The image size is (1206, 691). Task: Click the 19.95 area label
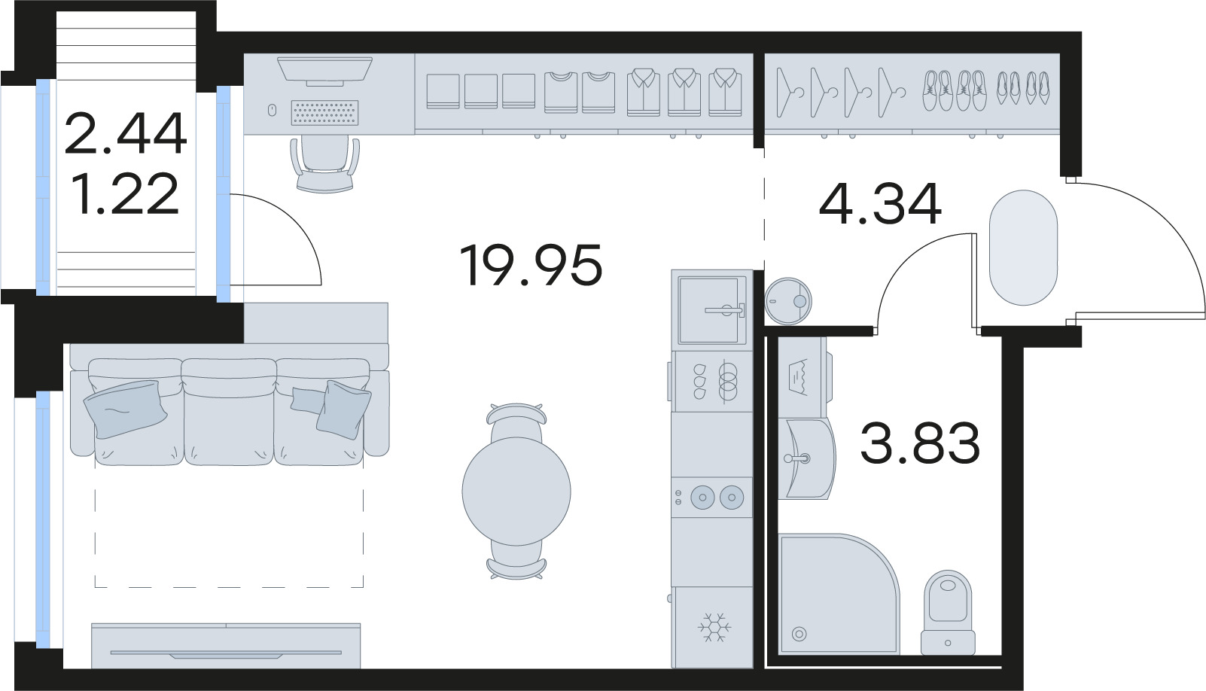tap(531, 265)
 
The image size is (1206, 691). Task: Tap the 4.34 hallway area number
tap(880, 204)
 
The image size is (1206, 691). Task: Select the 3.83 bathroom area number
tap(920, 443)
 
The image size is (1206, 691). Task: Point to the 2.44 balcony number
tap(126, 132)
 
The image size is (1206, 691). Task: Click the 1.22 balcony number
tap(126, 193)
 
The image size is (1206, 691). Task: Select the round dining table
tap(516, 491)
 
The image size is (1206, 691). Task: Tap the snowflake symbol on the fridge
tap(714, 627)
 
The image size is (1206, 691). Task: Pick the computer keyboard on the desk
tap(324, 112)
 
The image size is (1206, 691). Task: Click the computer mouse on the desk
tap(272, 110)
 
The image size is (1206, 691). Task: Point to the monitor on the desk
tap(324, 71)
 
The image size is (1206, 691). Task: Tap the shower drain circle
tap(799, 634)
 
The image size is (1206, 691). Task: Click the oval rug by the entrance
tap(1024, 248)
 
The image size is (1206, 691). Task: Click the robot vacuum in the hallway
tap(788, 301)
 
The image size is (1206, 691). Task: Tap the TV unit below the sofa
tap(226, 646)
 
